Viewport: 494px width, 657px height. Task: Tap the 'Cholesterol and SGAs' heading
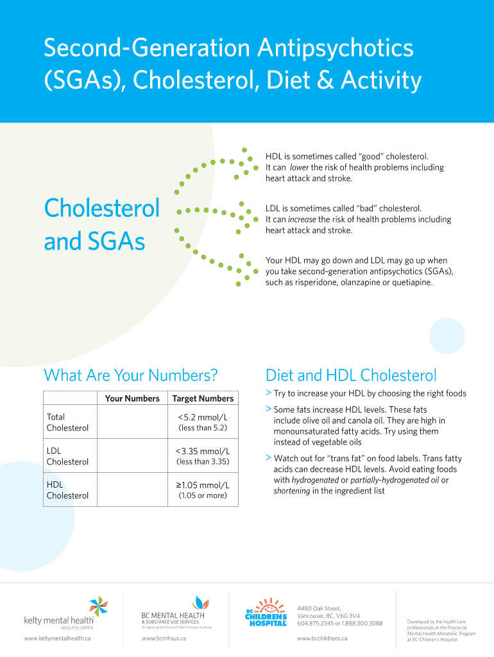(x=101, y=225)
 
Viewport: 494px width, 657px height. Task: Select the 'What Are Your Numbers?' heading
(x=131, y=375)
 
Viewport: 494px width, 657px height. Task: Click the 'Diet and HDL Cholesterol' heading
(x=351, y=375)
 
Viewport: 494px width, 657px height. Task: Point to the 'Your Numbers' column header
(x=132, y=398)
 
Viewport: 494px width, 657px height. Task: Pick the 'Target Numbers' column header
(x=203, y=398)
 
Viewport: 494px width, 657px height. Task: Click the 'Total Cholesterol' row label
(x=67, y=422)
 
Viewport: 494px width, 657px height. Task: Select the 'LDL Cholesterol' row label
(x=67, y=456)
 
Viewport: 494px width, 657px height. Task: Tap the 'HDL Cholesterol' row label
(x=67, y=490)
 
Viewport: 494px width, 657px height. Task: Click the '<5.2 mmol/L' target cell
(x=203, y=417)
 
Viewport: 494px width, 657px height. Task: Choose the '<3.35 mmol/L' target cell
(x=203, y=451)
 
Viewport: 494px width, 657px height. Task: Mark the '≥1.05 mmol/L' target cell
(x=203, y=485)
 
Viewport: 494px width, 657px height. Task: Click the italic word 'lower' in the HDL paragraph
(x=300, y=167)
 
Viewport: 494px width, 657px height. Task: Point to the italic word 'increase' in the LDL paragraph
(x=303, y=219)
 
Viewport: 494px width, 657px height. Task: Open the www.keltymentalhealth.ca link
(x=57, y=638)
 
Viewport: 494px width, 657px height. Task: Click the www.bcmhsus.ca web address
(x=164, y=638)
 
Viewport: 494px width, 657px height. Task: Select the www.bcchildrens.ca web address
(x=322, y=638)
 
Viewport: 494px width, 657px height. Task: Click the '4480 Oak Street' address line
(x=319, y=608)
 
